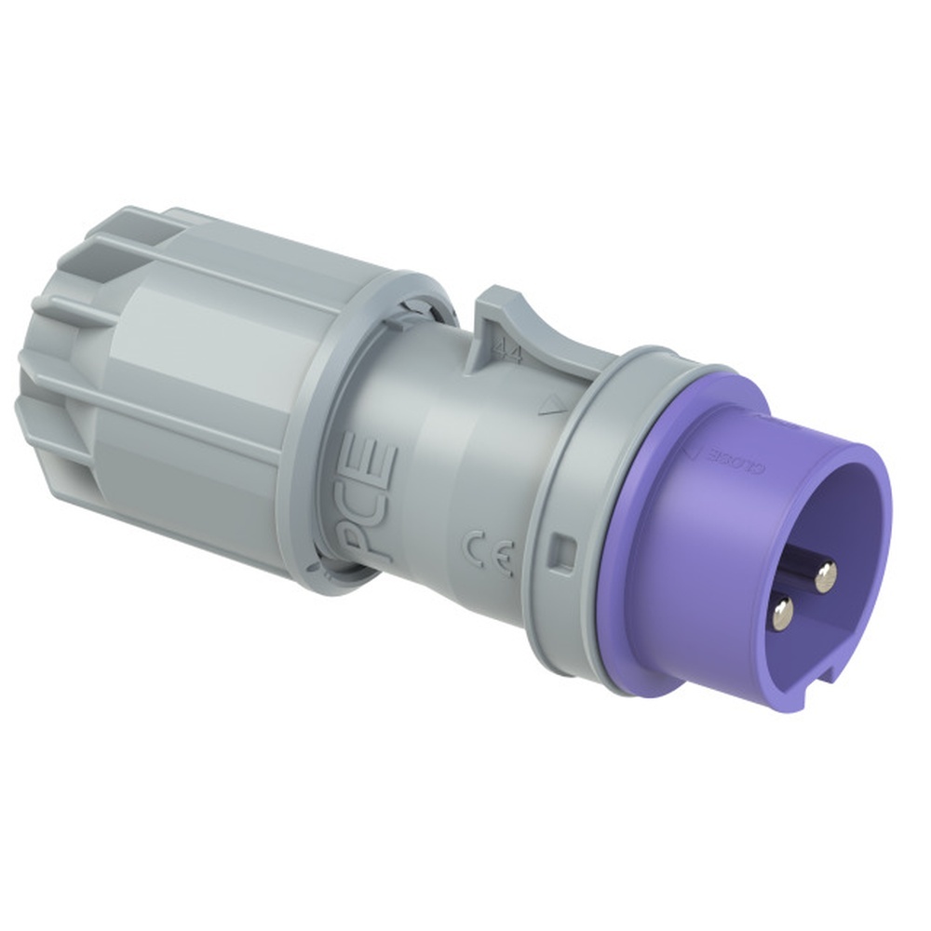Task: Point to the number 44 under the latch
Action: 506,352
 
